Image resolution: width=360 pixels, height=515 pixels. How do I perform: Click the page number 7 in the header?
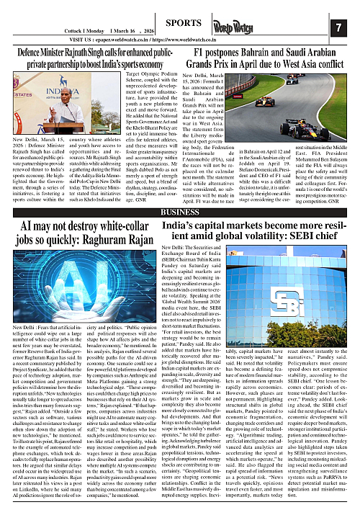[338, 27]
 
